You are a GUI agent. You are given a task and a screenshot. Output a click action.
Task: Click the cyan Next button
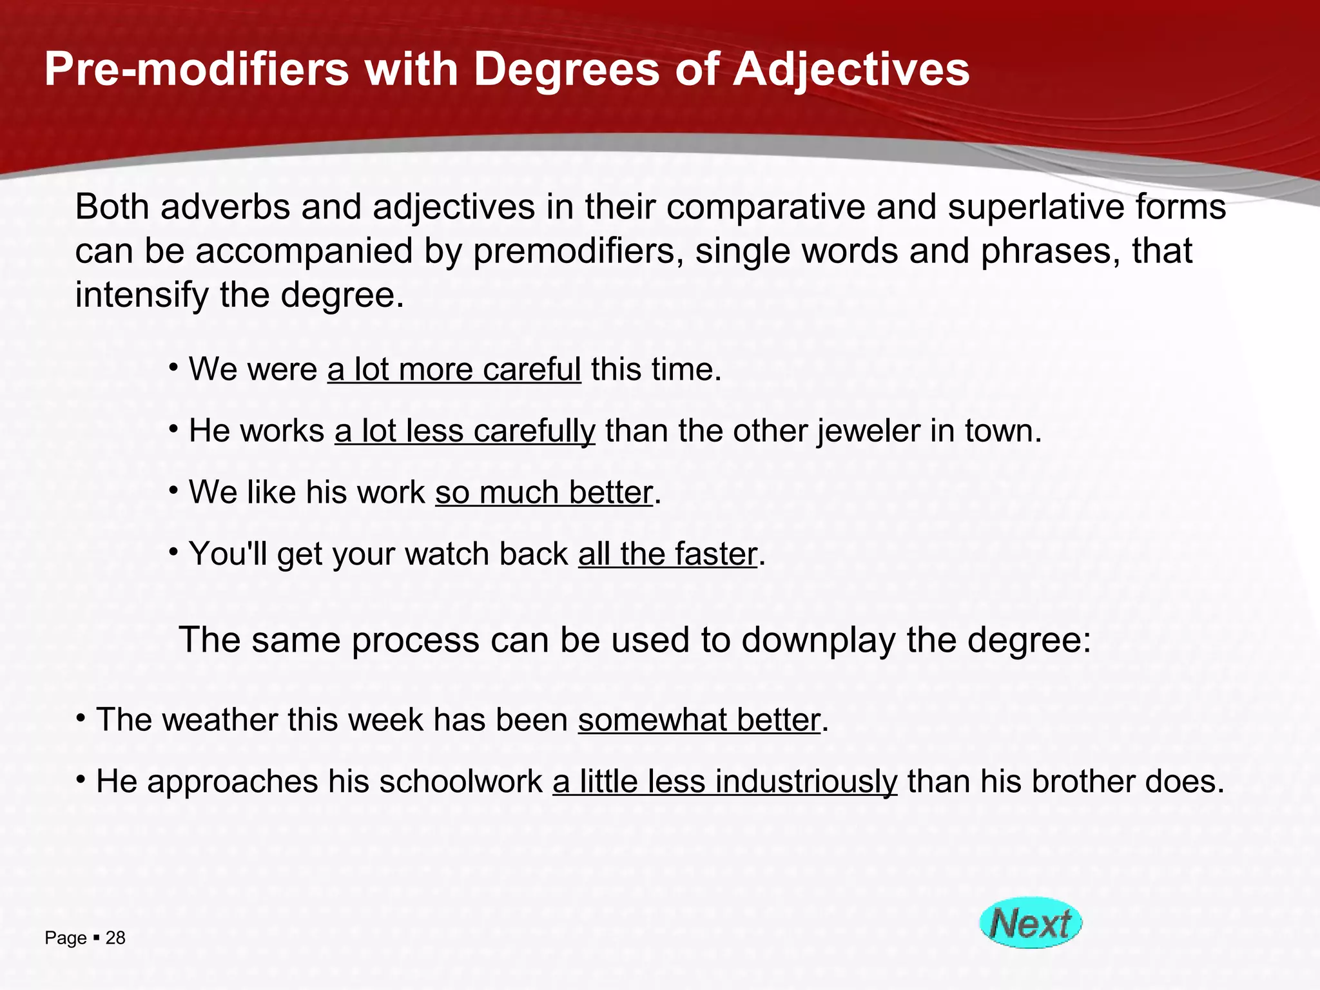click(1030, 922)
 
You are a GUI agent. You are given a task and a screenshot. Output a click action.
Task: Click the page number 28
click(115, 938)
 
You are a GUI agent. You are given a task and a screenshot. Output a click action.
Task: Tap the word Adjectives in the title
click(851, 69)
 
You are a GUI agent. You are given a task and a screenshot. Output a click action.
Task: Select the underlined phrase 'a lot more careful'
click(454, 370)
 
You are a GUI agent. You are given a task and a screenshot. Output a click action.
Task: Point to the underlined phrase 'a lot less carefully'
click(465, 431)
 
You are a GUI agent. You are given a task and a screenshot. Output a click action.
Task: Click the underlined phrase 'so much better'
click(544, 493)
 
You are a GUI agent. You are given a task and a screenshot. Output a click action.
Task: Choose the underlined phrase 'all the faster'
click(667, 554)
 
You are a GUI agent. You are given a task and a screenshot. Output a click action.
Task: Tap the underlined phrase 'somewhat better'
click(699, 720)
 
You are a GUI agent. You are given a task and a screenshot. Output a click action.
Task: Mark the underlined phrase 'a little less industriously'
click(724, 782)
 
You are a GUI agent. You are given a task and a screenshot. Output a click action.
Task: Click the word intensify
click(142, 295)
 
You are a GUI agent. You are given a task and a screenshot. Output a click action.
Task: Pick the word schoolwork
click(461, 782)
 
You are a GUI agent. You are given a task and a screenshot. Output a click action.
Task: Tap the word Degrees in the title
click(567, 69)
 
